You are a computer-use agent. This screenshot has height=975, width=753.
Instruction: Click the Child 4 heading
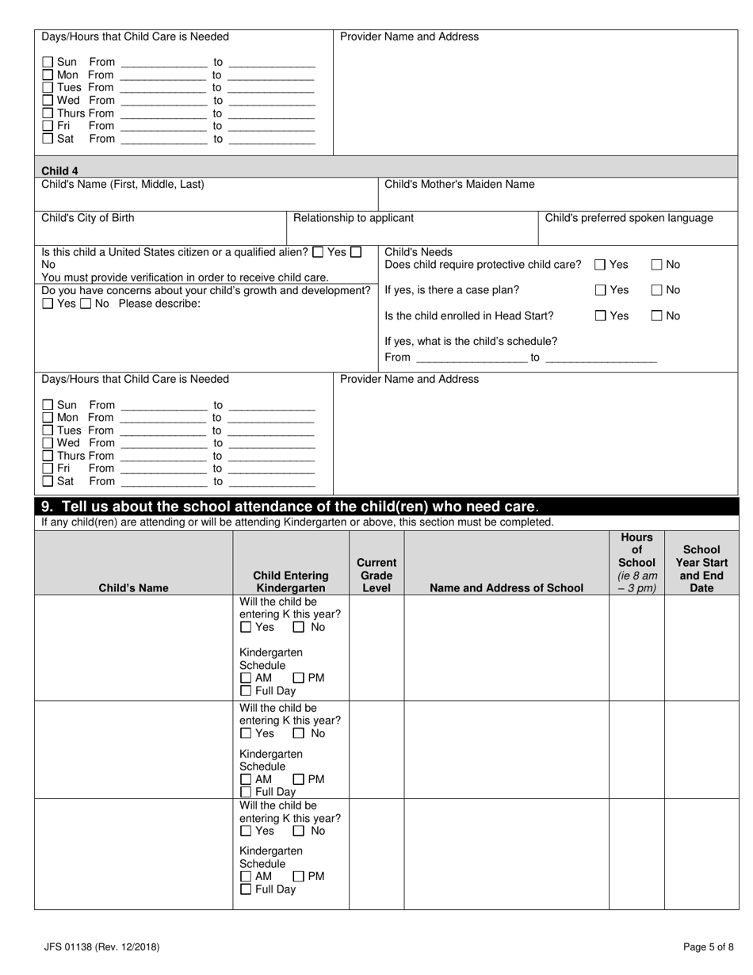[59, 170]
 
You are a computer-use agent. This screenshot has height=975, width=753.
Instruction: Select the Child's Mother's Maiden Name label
[459, 185]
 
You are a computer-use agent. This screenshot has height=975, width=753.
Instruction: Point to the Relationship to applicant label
[354, 218]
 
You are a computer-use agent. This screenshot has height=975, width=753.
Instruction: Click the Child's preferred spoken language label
[629, 218]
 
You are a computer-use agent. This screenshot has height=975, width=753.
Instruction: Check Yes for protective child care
[601, 265]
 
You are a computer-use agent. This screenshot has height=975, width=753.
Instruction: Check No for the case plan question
[657, 290]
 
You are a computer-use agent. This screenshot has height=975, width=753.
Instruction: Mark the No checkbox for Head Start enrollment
[657, 316]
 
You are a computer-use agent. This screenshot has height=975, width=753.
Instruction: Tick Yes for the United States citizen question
[318, 252]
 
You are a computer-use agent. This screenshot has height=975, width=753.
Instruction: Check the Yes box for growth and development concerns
[48, 304]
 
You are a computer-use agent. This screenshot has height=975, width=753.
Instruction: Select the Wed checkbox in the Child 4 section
[48, 443]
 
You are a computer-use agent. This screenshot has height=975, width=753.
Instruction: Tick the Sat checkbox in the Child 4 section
[48, 481]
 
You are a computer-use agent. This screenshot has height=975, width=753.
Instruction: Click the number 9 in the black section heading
[46, 507]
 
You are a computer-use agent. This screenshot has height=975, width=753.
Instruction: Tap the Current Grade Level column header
[376, 575]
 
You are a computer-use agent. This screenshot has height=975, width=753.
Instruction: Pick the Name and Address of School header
[506, 588]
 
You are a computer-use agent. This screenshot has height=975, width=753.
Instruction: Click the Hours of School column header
[637, 563]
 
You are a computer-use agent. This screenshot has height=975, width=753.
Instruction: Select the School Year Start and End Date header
[701, 569]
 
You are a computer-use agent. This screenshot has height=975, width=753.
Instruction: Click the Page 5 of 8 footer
[708, 946]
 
